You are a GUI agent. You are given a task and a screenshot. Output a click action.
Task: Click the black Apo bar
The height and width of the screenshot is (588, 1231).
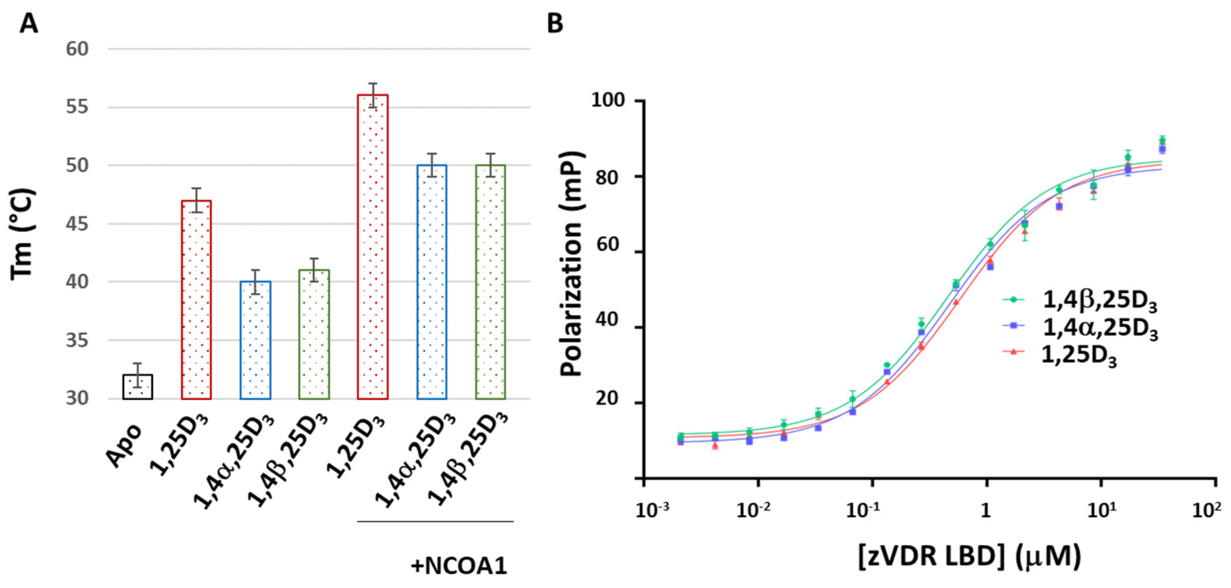(x=137, y=387)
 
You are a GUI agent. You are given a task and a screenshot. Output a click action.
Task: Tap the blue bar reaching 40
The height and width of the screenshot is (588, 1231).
(x=255, y=340)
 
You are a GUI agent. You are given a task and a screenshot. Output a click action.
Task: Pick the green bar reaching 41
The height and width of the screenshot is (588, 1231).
(x=314, y=335)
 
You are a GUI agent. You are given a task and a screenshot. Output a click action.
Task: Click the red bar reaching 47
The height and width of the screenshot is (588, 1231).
(x=196, y=300)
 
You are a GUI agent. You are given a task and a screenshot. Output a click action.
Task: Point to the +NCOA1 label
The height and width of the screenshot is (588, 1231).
(x=459, y=566)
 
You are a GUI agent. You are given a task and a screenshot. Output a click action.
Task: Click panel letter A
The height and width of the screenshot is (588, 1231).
(x=29, y=23)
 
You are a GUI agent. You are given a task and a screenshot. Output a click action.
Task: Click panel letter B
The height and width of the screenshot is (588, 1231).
(x=555, y=23)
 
